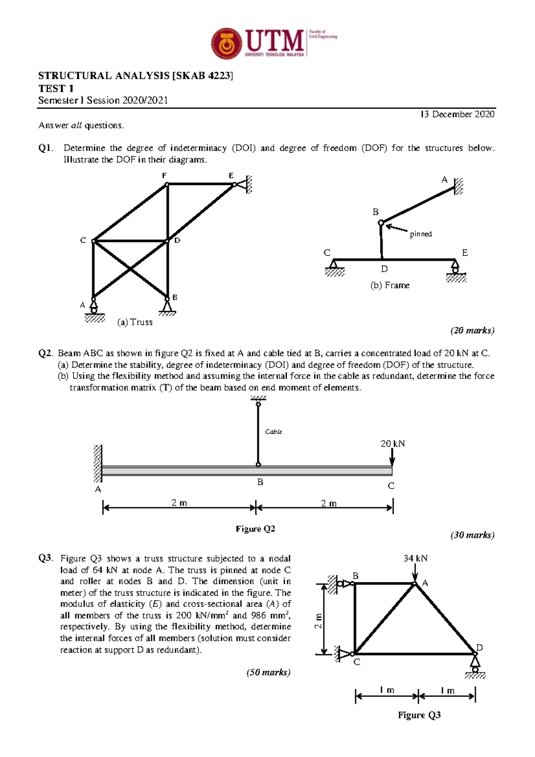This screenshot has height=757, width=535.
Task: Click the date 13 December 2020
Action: [x=457, y=115]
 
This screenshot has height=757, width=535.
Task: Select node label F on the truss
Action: [x=164, y=176]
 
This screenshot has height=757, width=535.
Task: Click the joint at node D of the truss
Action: [x=168, y=241]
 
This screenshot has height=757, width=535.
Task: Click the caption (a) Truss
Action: [x=135, y=322]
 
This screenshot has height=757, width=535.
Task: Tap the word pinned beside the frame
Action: [x=421, y=234]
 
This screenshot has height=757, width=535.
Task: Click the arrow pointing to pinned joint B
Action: [x=396, y=228]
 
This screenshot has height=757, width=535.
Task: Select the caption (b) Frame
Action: [x=390, y=285]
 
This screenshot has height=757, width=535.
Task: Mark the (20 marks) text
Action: [x=472, y=331]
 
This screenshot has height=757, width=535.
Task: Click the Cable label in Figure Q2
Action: [x=273, y=432]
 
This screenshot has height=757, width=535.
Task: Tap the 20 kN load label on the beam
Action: [x=392, y=444]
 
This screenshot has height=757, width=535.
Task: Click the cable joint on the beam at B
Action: [x=258, y=465]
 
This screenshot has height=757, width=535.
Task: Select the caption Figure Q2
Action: [x=255, y=529]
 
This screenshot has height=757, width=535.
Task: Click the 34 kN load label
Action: [x=415, y=559]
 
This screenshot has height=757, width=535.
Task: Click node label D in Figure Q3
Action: [x=480, y=647]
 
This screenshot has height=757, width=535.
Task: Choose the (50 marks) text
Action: [x=268, y=673]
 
